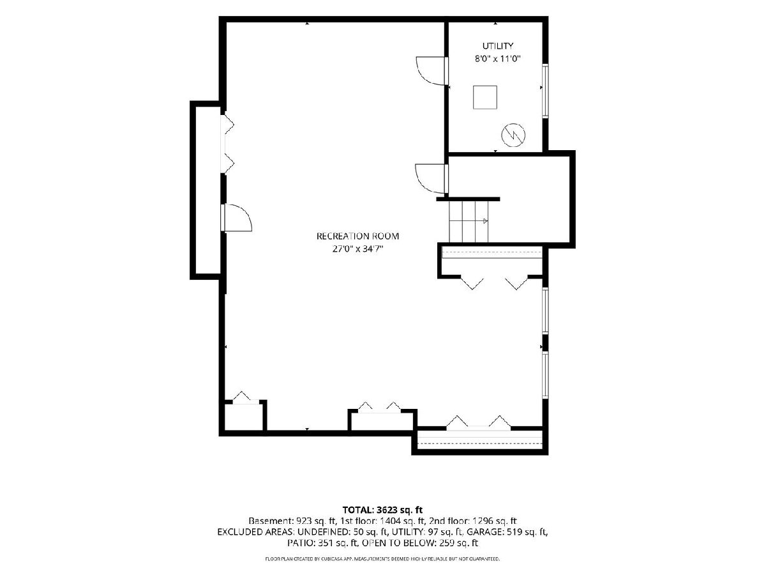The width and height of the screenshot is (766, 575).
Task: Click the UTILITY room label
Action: [498, 46]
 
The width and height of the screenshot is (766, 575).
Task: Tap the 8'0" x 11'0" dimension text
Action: [498, 59]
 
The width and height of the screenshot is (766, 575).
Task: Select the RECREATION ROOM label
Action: [357, 236]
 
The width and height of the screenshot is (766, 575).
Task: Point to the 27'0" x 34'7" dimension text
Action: [357, 249]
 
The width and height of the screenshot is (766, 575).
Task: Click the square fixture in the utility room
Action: [484, 97]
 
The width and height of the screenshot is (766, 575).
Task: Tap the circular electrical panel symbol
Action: [513, 135]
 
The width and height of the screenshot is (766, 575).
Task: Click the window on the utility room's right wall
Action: [545, 91]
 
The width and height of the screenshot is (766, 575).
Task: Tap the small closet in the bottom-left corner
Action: [244, 417]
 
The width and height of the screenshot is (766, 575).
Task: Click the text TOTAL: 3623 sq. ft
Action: [382, 510]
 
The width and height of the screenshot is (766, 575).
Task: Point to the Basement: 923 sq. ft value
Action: [292, 521]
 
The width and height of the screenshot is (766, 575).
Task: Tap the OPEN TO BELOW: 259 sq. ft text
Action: [420, 543]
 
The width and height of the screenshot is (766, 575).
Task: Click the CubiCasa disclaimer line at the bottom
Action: [382, 559]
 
